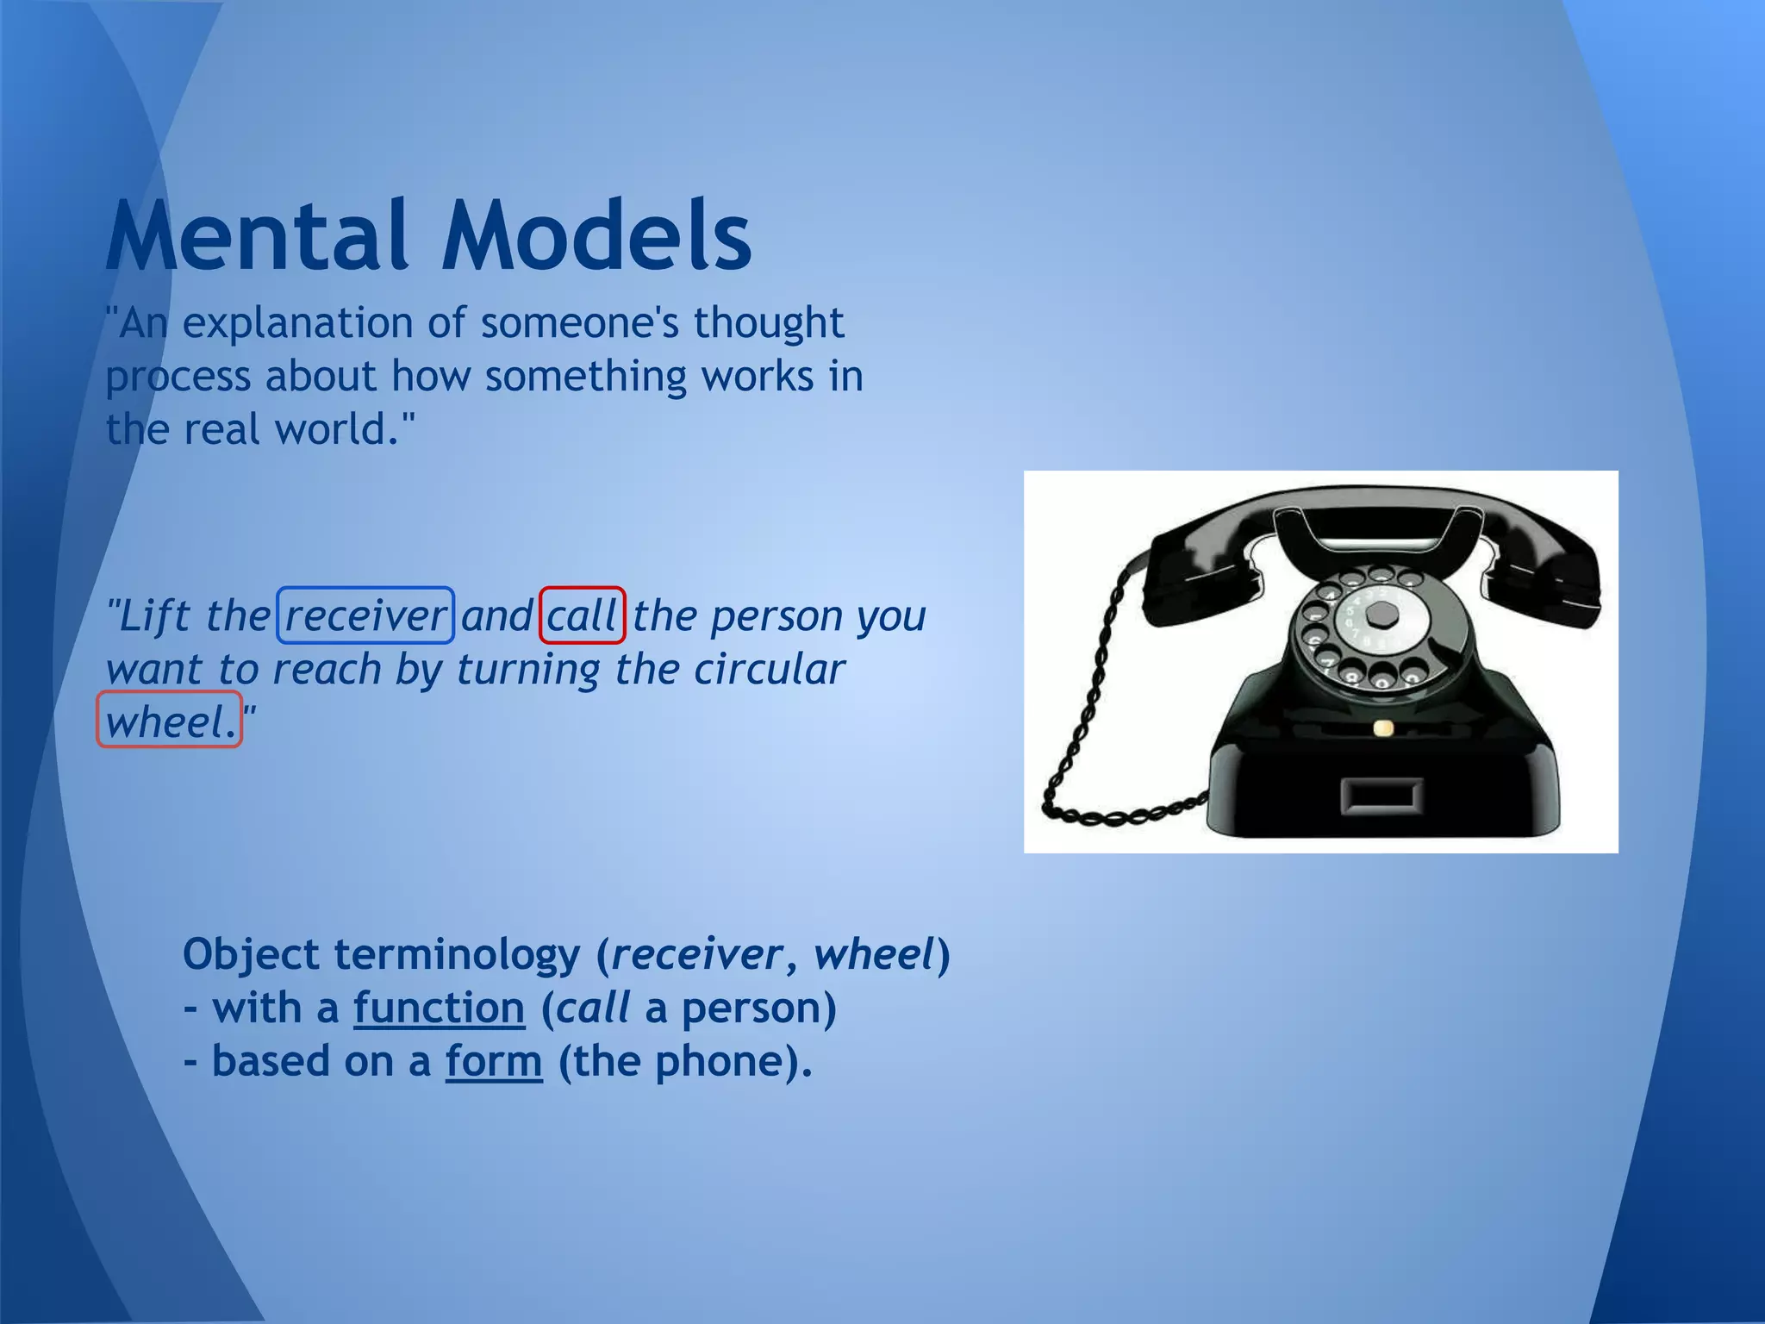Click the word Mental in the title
click(257, 235)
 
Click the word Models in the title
click(596, 235)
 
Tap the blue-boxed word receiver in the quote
click(365, 615)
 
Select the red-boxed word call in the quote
click(582, 615)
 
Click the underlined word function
click(439, 1008)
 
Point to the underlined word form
click(494, 1061)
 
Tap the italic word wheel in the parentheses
click(873, 954)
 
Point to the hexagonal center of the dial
click(1382, 614)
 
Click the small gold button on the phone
click(1382, 728)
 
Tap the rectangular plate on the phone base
click(1381, 796)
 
